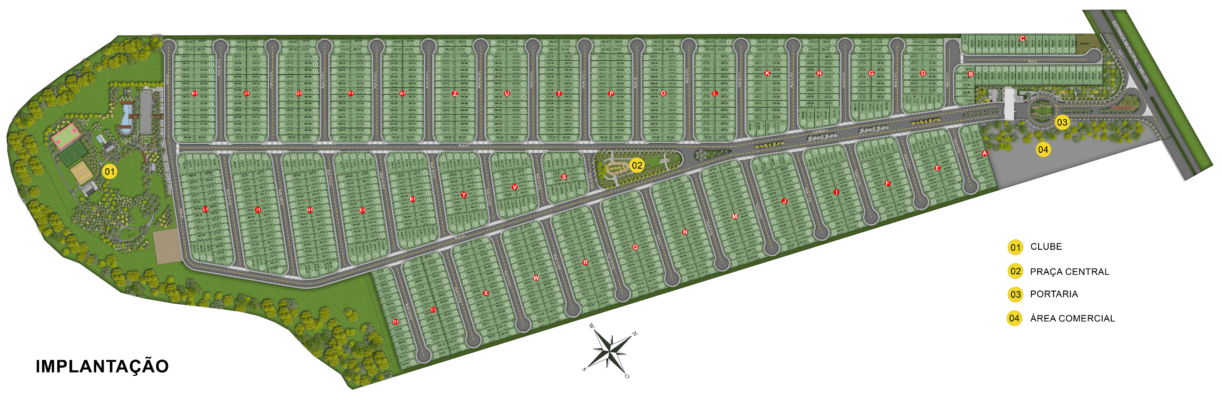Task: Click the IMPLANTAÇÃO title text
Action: pyautogui.click(x=102, y=366)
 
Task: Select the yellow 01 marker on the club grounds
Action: pyautogui.click(x=109, y=171)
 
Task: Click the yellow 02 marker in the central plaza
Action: pyautogui.click(x=636, y=165)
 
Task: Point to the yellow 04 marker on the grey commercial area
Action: pyautogui.click(x=1043, y=150)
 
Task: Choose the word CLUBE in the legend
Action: pyautogui.click(x=1045, y=247)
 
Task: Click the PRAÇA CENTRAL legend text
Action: pyautogui.click(x=1069, y=272)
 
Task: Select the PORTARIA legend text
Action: pyautogui.click(x=1054, y=294)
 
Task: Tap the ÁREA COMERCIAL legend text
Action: pyautogui.click(x=1072, y=318)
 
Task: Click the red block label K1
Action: pyautogui.click(x=194, y=93)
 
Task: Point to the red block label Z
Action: pyautogui.click(x=454, y=93)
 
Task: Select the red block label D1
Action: pyautogui.click(x=395, y=322)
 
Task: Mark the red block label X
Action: pyautogui.click(x=486, y=293)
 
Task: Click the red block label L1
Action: pyautogui.click(x=205, y=209)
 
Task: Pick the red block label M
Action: pyautogui.click(x=734, y=217)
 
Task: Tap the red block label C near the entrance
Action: pyautogui.click(x=1022, y=39)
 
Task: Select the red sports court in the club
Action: pyautogui.click(x=64, y=135)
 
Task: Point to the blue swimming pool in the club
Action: pyautogui.click(x=126, y=116)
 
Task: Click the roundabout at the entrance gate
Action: pyautogui.click(x=1041, y=112)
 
